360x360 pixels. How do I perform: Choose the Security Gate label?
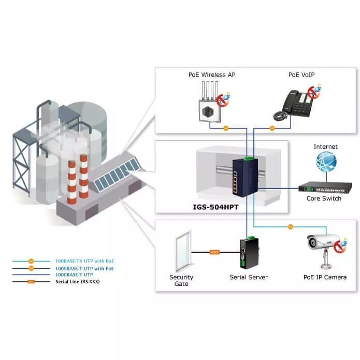(x=181, y=280)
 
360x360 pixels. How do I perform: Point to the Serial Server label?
(x=249, y=277)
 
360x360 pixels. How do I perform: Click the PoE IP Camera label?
(x=325, y=277)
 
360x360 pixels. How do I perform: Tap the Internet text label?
(x=325, y=147)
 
